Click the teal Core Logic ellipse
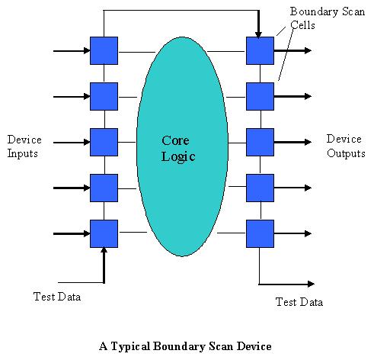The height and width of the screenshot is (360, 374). (x=182, y=146)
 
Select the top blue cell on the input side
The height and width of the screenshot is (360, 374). (x=104, y=50)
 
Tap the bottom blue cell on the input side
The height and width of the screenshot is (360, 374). (x=104, y=233)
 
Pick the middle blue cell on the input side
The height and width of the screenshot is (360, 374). (x=104, y=142)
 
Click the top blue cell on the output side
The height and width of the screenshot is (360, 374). (x=260, y=50)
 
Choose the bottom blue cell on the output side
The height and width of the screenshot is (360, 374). (x=260, y=233)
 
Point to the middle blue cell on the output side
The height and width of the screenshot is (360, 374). (x=260, y=142)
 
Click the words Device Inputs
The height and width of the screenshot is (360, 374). (x=24, y=146)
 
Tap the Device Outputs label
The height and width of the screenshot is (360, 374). (x=346, y=146)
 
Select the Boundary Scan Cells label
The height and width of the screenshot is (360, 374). (x=328, y=18)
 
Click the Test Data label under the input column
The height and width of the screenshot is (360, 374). (x=57, y=297)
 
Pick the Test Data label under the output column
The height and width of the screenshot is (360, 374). (x=299, y=302)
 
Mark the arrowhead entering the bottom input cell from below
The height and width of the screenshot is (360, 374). (x=104, y=250)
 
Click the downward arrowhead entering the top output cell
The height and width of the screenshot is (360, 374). (x=258, y=35)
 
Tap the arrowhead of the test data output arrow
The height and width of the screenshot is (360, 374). (x=312, y=284)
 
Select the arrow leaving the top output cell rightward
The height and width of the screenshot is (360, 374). (x=292, y=50)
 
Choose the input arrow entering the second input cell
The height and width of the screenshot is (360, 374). (x=72, y=97)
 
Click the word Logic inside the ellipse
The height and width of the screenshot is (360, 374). (x=178, y=157)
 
